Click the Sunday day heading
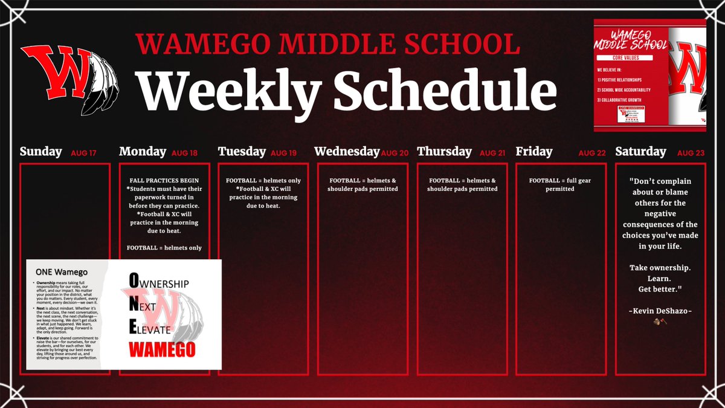coord(40,152)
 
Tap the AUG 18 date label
coord(184,154)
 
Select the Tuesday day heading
coord(242,152)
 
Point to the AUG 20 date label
coord(396,154)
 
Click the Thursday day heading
coord(444,152)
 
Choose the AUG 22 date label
coord(591,154)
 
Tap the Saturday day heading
coord(640,152)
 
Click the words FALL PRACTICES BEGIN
coord(164,181)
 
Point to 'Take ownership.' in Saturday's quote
coord(659,267)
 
